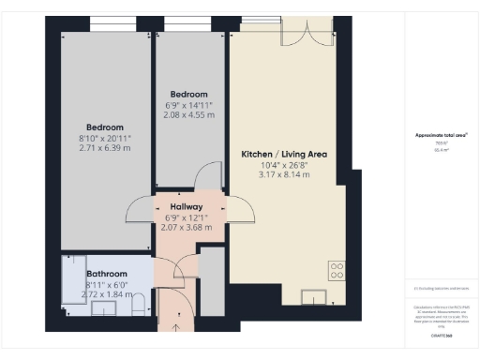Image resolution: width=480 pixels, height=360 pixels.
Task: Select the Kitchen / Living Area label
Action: pyautogui.click(x=278, y=153)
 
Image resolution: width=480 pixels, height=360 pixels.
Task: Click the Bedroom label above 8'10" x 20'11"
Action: pyautogui.click(x=105, y=127)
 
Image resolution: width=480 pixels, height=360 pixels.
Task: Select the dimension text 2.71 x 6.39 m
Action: pyautogui.click(x=105, y=148)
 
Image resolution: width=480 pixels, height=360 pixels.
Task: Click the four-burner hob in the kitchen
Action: pyautogui.click(x=336, y=271)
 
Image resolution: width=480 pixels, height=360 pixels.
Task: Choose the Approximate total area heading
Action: pyautogui.click(x=441, y=135)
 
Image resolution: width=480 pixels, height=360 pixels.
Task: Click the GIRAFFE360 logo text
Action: pyautogui.click(x=442, y=335)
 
